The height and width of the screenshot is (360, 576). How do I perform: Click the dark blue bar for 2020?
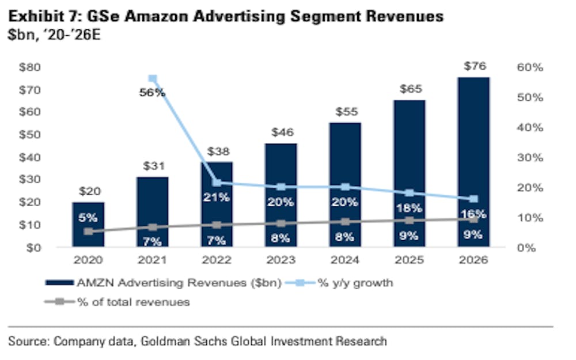88,224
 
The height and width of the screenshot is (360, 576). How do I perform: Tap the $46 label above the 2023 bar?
282,132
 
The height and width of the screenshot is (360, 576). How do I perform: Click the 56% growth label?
152,92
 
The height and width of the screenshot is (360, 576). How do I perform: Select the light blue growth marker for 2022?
217,183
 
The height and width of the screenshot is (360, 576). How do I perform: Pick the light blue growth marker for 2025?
410,193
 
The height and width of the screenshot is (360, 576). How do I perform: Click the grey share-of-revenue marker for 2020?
88,232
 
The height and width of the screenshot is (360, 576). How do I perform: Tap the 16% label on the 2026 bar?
473,214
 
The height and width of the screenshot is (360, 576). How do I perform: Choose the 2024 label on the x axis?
345,260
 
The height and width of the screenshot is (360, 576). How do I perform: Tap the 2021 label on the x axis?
153,260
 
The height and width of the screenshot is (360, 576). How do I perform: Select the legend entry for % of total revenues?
133,302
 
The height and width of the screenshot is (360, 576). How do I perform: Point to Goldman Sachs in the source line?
199,341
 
